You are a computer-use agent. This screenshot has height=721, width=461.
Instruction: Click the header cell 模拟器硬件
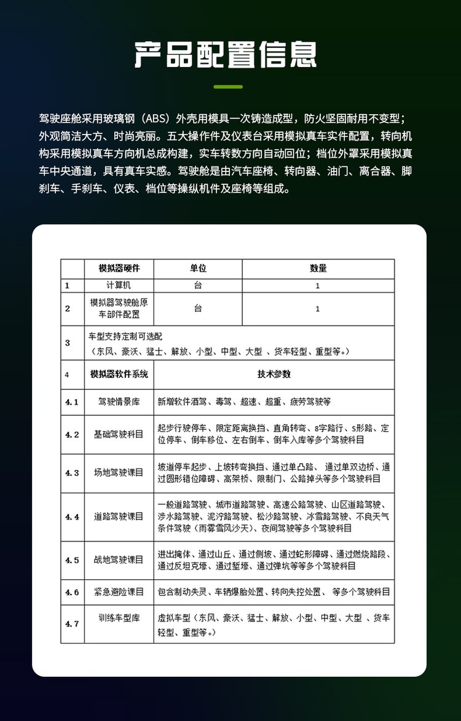coord(119,268)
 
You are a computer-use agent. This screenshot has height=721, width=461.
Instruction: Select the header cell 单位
coord(198,268)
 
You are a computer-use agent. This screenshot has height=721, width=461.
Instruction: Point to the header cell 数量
coord(318,268)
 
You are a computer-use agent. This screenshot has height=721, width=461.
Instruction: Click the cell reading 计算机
coord(119,286)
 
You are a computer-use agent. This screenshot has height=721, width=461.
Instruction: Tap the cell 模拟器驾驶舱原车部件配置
coord(119,308)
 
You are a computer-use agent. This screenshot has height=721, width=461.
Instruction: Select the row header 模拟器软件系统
coord(119,374)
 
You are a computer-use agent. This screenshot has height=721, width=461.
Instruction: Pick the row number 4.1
coord(72,402)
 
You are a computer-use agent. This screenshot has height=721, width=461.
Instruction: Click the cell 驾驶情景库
coord(119,402)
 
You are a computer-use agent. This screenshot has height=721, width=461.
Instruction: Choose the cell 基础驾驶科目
coord(119,434)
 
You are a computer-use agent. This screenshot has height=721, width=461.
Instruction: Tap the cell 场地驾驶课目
coord(119,473)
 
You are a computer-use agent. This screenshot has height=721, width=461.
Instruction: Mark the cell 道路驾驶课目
coord(119,516)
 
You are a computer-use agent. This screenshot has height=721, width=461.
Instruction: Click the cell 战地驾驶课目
coord(119,560)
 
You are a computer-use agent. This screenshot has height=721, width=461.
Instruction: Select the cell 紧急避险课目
coord(119,592)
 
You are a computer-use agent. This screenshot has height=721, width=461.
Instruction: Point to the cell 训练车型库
coord(119,623)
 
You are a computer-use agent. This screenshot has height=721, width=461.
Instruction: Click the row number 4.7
coord(72,624)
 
